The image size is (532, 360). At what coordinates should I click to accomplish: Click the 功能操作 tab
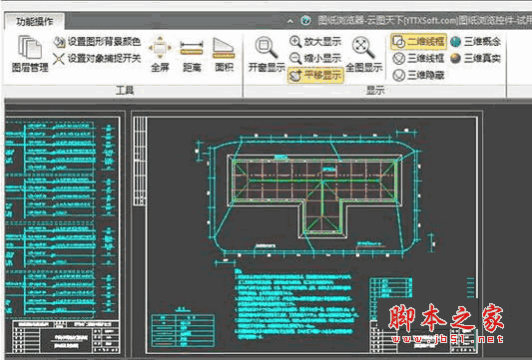point(32,20)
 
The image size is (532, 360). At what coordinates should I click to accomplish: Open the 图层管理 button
point(30,55)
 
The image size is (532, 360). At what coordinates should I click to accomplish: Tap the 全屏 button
point(160,55)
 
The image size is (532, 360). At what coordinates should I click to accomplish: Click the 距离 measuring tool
point(194,55)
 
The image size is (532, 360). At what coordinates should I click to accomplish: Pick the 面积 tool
point(225,55)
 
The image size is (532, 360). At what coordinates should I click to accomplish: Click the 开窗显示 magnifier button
point(266,55)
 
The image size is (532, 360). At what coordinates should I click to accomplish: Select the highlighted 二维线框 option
point(419,42)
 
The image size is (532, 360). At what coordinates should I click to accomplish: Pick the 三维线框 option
point(419,58)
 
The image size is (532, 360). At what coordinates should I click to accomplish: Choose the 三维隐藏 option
point(419,75)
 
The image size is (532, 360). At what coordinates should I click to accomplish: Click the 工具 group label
point(126,90)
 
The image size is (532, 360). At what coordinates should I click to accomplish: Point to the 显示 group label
point(375,90)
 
